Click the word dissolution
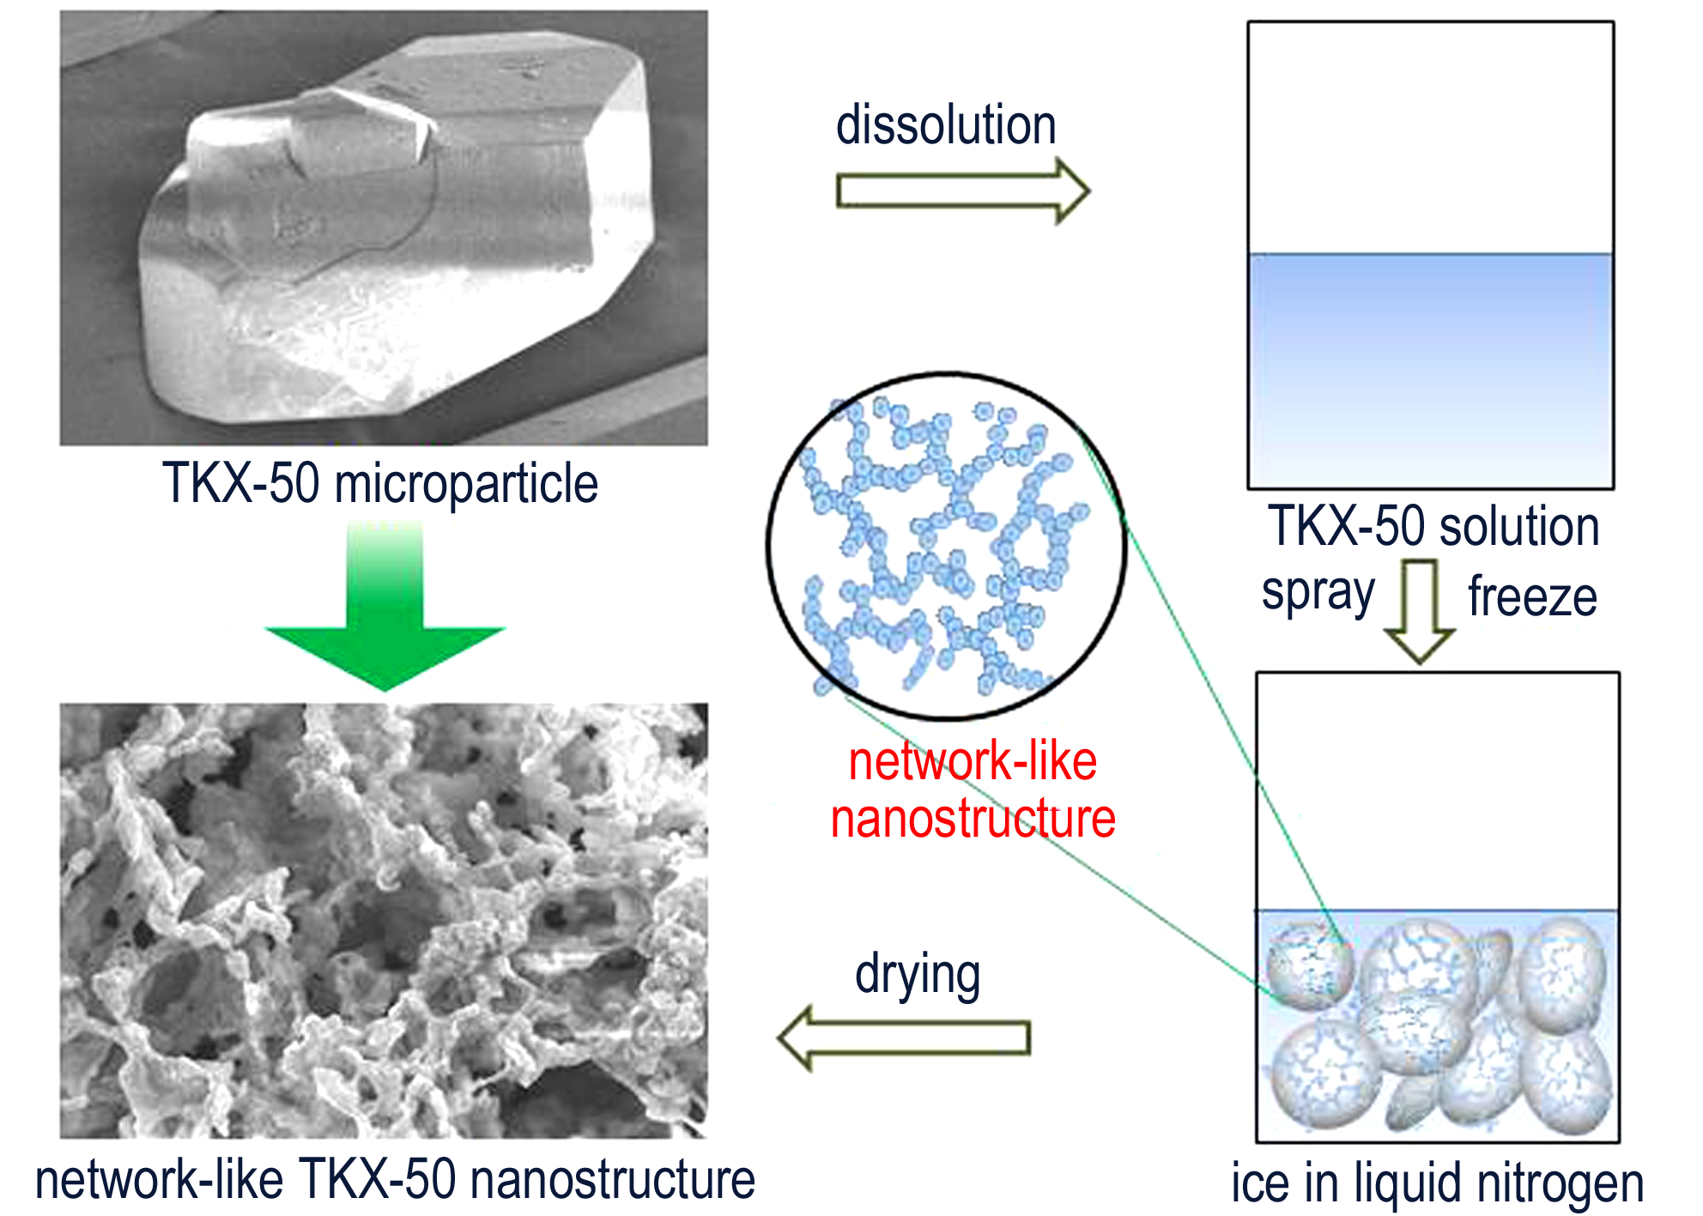click(x=946, y=125)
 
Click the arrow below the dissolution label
click(x=963, y=191)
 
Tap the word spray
click(x=1318, y=594)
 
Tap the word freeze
click(x=1532, y=596)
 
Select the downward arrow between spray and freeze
click(x=1420, y=611)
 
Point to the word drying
click(x=918, y=976)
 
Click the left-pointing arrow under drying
click(x=903, y=1038)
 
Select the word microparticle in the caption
click(x=466, y=485)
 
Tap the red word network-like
click(x=973, y=761)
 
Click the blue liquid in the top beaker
click(x=1430, y=371)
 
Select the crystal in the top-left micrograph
click(x=395, y=232)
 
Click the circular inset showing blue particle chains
click(x=947, y=546)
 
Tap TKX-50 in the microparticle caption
click(x=241, y=483)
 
